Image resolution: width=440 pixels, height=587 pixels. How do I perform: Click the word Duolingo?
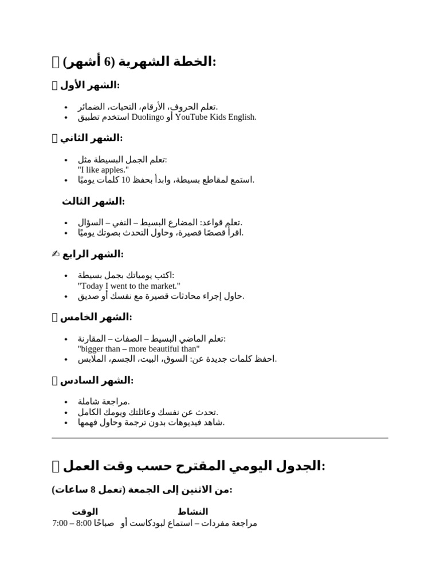[148, 118]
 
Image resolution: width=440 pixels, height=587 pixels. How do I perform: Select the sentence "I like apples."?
[103, 170]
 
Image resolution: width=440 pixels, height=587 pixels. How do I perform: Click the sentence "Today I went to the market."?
[129, 285]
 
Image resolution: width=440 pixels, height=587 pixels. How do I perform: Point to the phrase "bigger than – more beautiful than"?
[139, 349]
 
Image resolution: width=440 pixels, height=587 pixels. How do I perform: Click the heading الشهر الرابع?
[92, 254]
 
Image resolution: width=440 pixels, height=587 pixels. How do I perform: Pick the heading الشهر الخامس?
[96, 317]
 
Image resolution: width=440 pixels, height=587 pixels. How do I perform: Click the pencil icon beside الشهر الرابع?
[55, 254]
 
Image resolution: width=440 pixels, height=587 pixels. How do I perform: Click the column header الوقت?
[85, 511]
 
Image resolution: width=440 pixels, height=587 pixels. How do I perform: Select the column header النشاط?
[193, 511]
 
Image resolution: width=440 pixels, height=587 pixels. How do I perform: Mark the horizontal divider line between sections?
[220, 438]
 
